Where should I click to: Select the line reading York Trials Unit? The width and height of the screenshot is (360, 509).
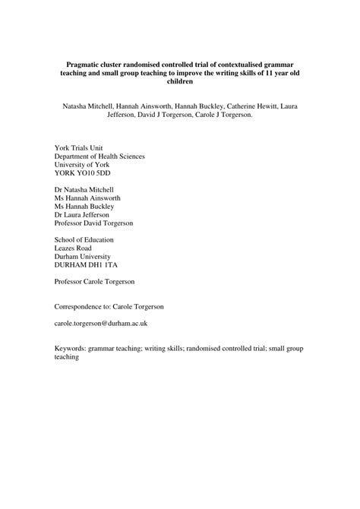[x=79, y=147]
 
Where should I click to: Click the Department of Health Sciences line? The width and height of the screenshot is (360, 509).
[x=99, y=156]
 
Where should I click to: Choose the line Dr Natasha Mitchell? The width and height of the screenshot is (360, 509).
[x=85, y=188]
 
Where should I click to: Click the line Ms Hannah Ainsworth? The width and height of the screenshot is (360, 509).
[x=87, y=198]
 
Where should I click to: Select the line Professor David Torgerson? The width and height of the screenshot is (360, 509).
[x=94, y=225]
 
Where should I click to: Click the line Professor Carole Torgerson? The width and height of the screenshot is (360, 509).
[x=96, y=281]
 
